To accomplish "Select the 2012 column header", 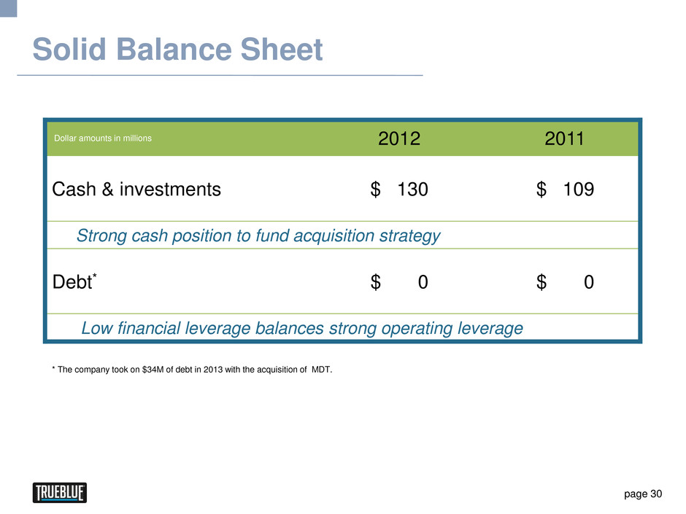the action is pos(399,139).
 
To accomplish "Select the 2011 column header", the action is pos(564,139).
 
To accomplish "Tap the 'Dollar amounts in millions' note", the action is pos(103,138).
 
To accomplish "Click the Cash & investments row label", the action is pos(136,190).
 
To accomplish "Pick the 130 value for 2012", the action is pos(412,190).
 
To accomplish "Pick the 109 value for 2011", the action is pos(579,190).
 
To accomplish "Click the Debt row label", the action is pos(73,281).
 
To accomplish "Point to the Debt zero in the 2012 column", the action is pos(423,282).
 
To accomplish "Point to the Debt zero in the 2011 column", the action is pos(589,282).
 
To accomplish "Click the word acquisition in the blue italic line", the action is pos(334,235).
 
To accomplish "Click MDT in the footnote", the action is pos(322,370).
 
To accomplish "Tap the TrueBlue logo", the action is pos(60,493).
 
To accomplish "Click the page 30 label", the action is pos(643,494).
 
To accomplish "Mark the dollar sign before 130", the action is pos(375,190).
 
